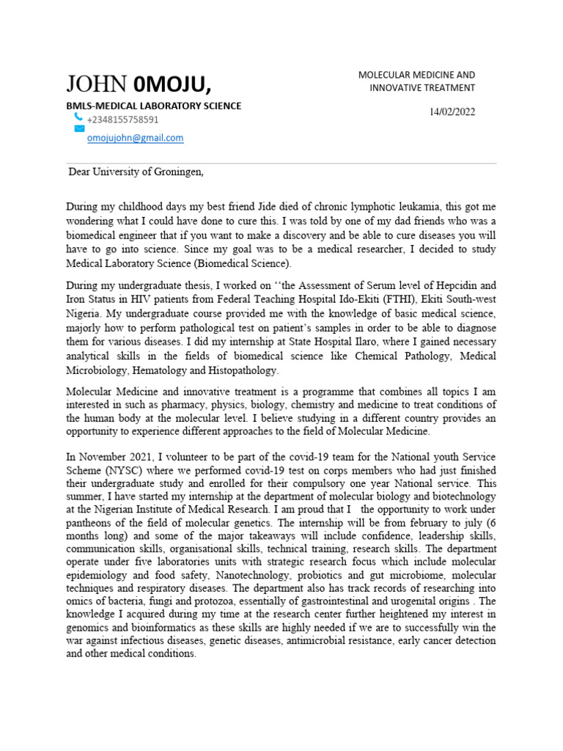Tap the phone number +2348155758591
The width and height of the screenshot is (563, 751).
point(122,120)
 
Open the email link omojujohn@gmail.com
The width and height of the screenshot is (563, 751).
point(135,138)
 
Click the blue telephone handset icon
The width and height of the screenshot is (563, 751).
point(78,117)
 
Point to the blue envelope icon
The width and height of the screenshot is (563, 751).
point(79,128)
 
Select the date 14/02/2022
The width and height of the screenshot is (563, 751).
point(452,112)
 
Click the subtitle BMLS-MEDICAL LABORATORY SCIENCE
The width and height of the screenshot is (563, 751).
point(154,106)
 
